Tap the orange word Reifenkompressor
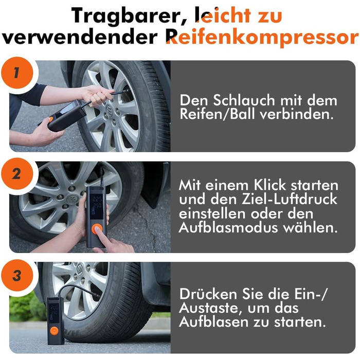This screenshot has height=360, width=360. pos(262,38)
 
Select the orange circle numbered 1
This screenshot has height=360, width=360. pos(17,73)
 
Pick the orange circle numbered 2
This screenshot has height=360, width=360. pos(17,174)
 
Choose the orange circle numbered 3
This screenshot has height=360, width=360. pos(17,276)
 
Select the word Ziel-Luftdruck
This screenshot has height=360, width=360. pos(289,199)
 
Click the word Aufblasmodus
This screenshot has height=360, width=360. pos(228,227)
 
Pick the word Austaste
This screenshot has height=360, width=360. pos(210,308)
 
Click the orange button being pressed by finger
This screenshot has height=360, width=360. pos(97,229)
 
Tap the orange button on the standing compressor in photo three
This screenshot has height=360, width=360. pos(54,331)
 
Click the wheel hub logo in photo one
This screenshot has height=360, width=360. pos(110,108)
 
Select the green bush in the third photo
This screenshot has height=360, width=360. pos(26,307)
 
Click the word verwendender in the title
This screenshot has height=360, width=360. pos(80,38)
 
